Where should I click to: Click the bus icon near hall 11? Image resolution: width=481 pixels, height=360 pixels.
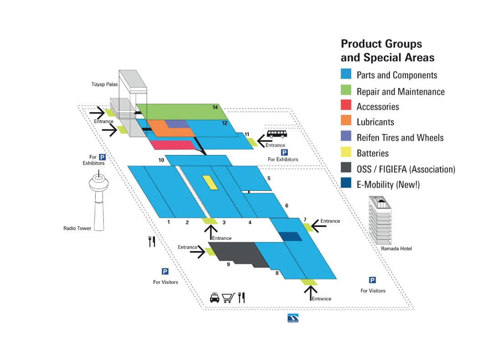[x=276, y=134]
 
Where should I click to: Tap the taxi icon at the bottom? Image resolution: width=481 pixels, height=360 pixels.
[x=215, y=298]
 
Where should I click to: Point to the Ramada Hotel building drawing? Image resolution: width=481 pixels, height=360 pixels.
[x=380, y=221]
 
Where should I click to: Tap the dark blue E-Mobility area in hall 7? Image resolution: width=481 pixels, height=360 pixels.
[x=290, y=237]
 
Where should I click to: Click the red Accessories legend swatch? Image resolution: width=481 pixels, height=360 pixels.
[x=346, y=106]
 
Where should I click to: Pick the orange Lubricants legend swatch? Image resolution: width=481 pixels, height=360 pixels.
[x=346, y=122]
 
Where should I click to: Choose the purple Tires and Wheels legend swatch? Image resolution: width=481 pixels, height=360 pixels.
[x=346, y=137]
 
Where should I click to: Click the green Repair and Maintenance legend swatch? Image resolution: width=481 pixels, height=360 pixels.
[x=346, y=91]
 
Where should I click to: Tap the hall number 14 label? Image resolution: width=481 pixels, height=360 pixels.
[x=215, y=107]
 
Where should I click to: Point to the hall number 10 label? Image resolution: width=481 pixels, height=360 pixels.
[x=161, y=160]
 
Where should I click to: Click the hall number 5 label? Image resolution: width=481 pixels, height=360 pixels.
[x=269, y=178]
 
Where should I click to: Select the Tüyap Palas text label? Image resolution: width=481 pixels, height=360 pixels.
[x=105, y=84]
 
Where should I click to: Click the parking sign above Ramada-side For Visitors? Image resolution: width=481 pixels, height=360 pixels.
[x=372, y=280]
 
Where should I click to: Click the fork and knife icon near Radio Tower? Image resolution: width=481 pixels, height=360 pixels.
[x=152, y=242]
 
